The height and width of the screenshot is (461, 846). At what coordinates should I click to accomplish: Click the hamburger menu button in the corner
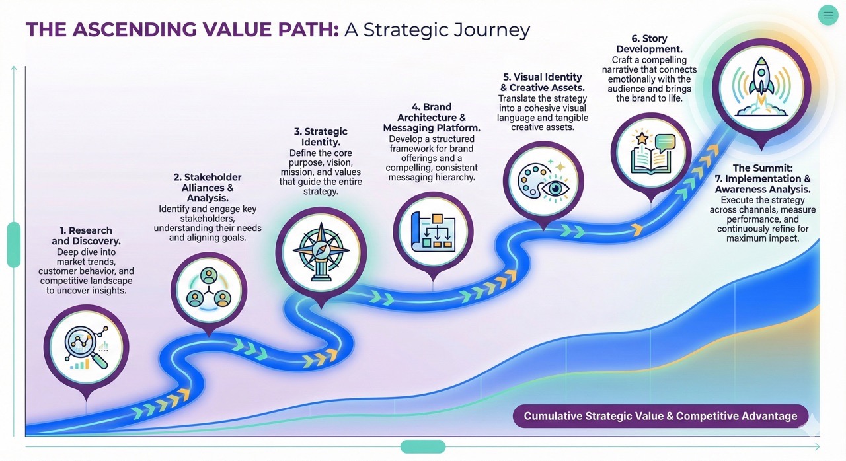pos(827,15)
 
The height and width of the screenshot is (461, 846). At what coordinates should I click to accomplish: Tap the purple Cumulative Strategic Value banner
pos(660,416)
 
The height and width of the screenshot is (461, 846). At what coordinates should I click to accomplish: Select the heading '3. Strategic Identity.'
pos(321,137)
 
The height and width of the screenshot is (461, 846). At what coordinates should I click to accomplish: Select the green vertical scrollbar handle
pos(14,244)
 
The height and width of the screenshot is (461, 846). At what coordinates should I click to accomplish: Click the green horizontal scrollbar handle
pos(423,447)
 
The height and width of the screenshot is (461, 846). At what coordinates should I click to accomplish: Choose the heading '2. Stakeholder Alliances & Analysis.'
pos(207,188)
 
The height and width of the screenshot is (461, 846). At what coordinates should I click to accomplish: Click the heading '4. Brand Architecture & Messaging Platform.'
pos(432,118)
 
